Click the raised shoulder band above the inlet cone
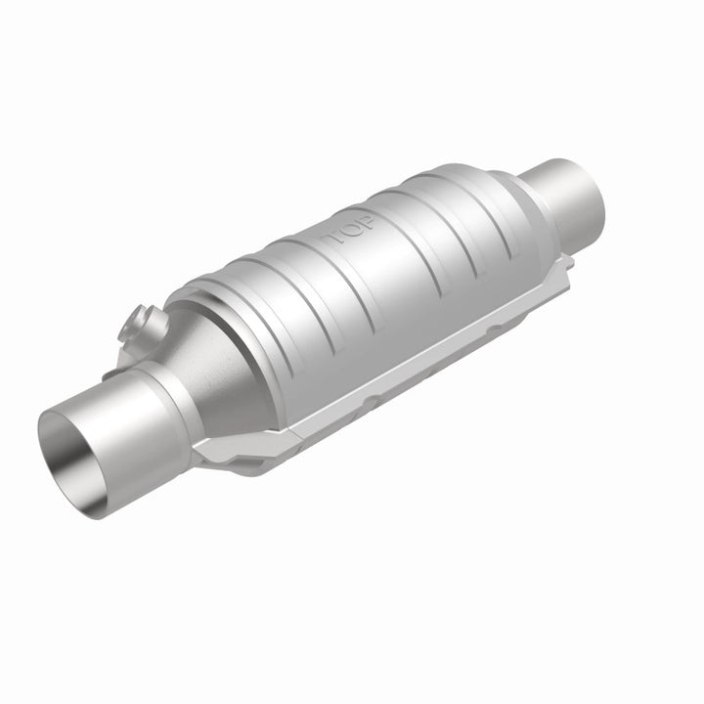[225, 293]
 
